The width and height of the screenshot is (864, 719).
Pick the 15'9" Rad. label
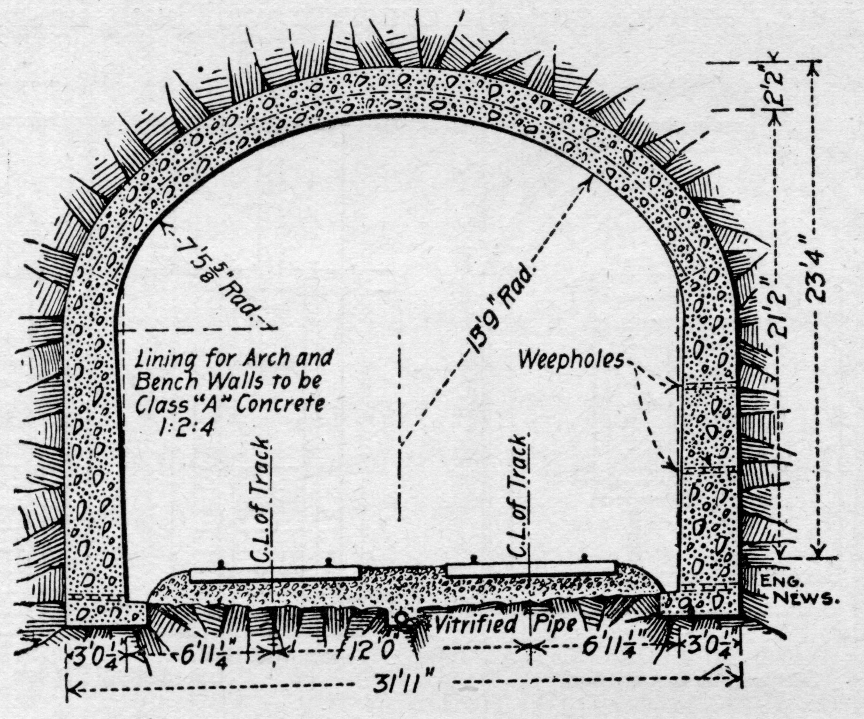pos(499,310)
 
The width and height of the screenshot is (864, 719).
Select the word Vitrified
pos(475,625)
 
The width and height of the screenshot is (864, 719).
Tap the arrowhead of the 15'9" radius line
pos(588,181)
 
